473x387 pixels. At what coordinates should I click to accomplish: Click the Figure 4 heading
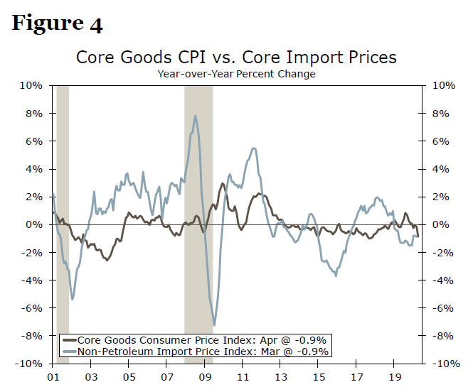tap(57, 23)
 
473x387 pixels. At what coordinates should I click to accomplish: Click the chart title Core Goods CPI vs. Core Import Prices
tap(236, 57)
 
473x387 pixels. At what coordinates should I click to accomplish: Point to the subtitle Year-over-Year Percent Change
tap(236, 73)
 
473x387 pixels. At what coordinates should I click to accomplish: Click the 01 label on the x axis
tap(52, 377)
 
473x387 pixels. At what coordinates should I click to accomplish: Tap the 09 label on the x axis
tap(206, 377)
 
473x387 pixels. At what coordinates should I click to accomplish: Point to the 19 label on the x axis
tap(396, 377)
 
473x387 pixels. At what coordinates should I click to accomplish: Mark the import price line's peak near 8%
tap(195, 116)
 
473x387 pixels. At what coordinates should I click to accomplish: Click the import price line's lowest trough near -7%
tap(214, 325)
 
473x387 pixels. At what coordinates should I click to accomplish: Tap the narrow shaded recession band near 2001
tap(63, 213)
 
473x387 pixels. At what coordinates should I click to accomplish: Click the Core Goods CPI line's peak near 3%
tap(223, 183)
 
